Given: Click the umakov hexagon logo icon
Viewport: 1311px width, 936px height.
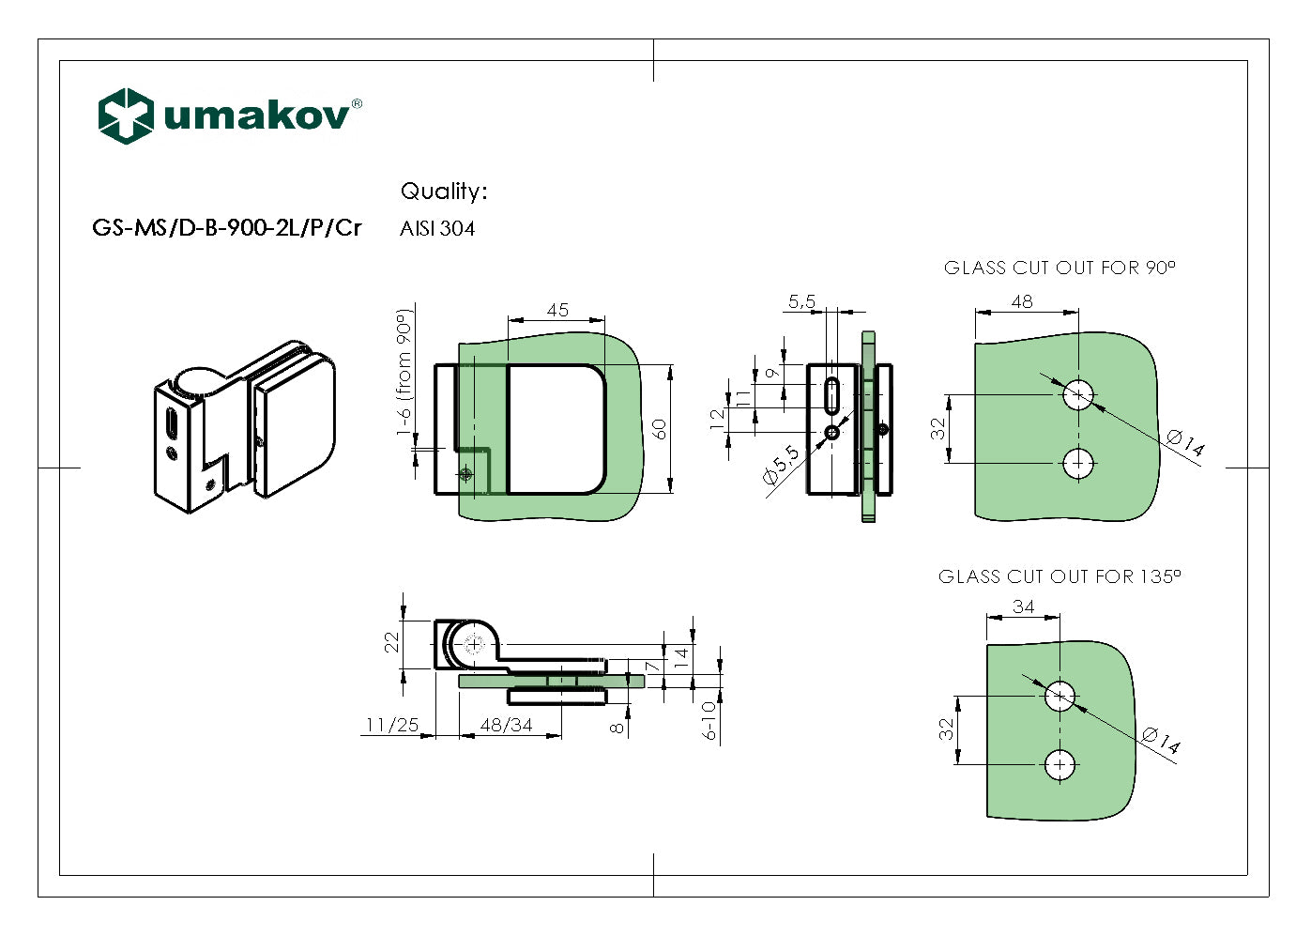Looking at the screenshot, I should (126, 115).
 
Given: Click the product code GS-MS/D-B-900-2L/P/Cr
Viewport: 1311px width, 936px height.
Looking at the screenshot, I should (226, 228).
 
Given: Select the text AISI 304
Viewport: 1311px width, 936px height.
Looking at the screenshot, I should (437, 229).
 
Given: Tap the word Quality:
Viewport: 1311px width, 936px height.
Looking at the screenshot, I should (444, 192).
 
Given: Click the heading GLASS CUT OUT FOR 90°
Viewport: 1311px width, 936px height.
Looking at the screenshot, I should (1059, 269).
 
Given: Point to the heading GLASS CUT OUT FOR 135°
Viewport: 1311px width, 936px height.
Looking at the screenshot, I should (1059, 576).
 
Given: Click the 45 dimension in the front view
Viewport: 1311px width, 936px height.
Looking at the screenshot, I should (557, 310).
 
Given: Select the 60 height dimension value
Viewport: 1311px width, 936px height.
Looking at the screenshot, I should (660, 429).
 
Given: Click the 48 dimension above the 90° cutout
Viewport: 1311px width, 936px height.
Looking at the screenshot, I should (1022, 301).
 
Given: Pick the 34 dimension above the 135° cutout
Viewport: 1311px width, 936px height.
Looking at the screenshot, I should (1023, 607).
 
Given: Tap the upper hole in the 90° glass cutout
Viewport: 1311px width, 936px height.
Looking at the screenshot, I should (1078, 395).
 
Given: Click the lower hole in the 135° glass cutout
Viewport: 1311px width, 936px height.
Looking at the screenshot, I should (1060, 765).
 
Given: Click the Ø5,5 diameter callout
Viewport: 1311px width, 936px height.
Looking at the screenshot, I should (781, 465).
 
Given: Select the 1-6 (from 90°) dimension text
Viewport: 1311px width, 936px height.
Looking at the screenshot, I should (404, 373).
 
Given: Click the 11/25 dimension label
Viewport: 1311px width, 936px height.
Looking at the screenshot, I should (392, 725).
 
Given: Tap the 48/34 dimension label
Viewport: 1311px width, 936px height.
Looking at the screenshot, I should (506, 725).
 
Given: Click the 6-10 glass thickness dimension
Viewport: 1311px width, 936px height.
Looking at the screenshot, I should (709, 721).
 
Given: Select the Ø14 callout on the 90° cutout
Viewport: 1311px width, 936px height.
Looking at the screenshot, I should (1185, 442).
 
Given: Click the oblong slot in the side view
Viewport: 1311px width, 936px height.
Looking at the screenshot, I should (831, 395).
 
